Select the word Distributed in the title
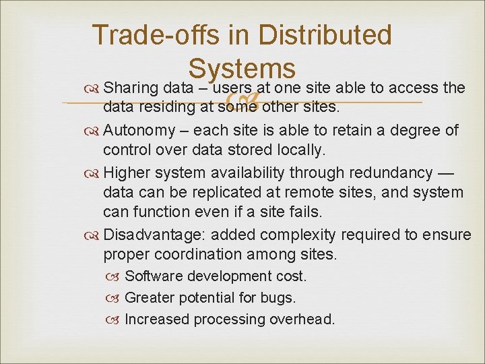325,36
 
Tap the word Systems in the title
242,69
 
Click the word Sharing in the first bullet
131,88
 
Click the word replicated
225,193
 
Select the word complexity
299,235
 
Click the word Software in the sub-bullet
154,276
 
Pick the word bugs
279,298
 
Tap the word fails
306,212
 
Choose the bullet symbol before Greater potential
115,298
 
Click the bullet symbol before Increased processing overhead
115,320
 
